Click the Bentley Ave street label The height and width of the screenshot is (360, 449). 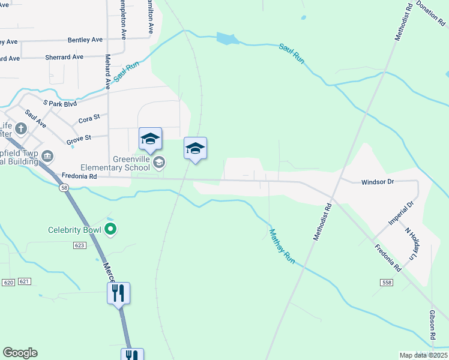click(85, 40)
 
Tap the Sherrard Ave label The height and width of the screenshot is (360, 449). click(64, 58)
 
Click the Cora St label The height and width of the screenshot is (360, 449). click(88, 120)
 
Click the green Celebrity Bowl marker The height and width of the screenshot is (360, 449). click(110, 229)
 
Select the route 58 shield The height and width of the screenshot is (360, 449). click(64, 188)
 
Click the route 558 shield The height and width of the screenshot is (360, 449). click(386, 282)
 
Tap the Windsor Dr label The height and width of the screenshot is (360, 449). click(376, 181)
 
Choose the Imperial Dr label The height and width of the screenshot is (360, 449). click(401, 214)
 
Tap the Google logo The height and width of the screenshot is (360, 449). click(20, 353)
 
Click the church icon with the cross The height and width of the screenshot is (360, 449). click(20, 128)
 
